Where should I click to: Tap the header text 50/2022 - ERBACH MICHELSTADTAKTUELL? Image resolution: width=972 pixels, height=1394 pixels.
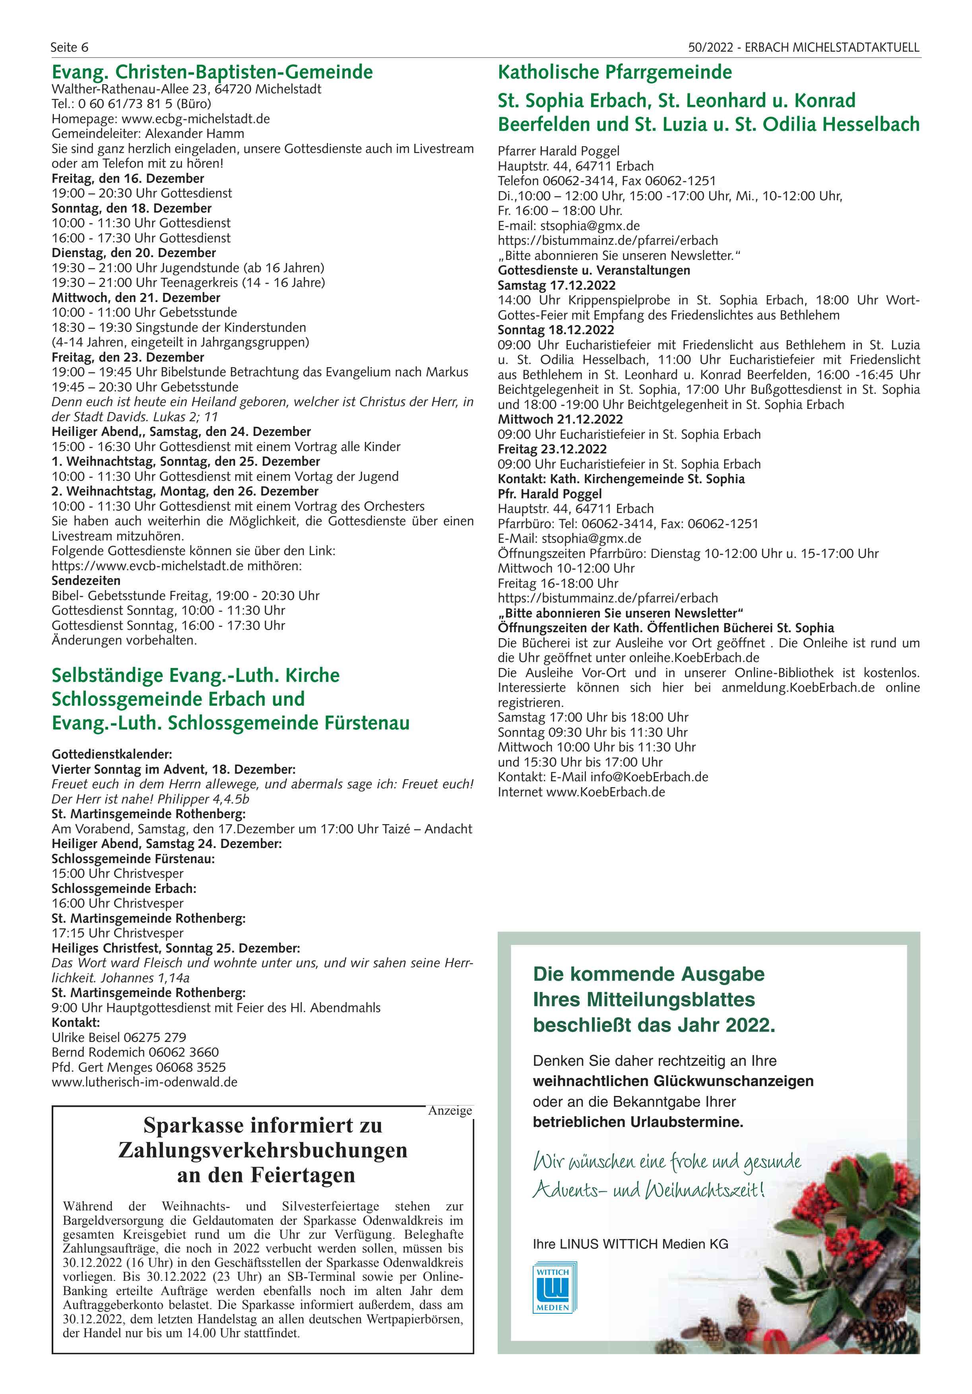coord(803,47)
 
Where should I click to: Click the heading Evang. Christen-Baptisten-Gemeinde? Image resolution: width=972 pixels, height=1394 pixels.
coord(212,72)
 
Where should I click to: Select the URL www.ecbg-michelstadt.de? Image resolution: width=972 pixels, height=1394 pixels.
coord(196,118)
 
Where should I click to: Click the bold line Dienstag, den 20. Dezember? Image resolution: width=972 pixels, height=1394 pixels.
coord(134,253)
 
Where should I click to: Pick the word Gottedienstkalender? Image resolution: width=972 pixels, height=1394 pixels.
coord(112,755)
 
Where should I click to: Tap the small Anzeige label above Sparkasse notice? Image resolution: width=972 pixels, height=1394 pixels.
coord(450,1110)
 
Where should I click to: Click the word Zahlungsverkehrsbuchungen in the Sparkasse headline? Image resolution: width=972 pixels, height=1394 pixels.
coord(262,1150)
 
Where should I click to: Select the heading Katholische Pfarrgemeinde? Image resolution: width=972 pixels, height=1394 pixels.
coord(615,72)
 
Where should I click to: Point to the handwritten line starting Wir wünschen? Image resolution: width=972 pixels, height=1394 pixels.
coord(666,1162)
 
